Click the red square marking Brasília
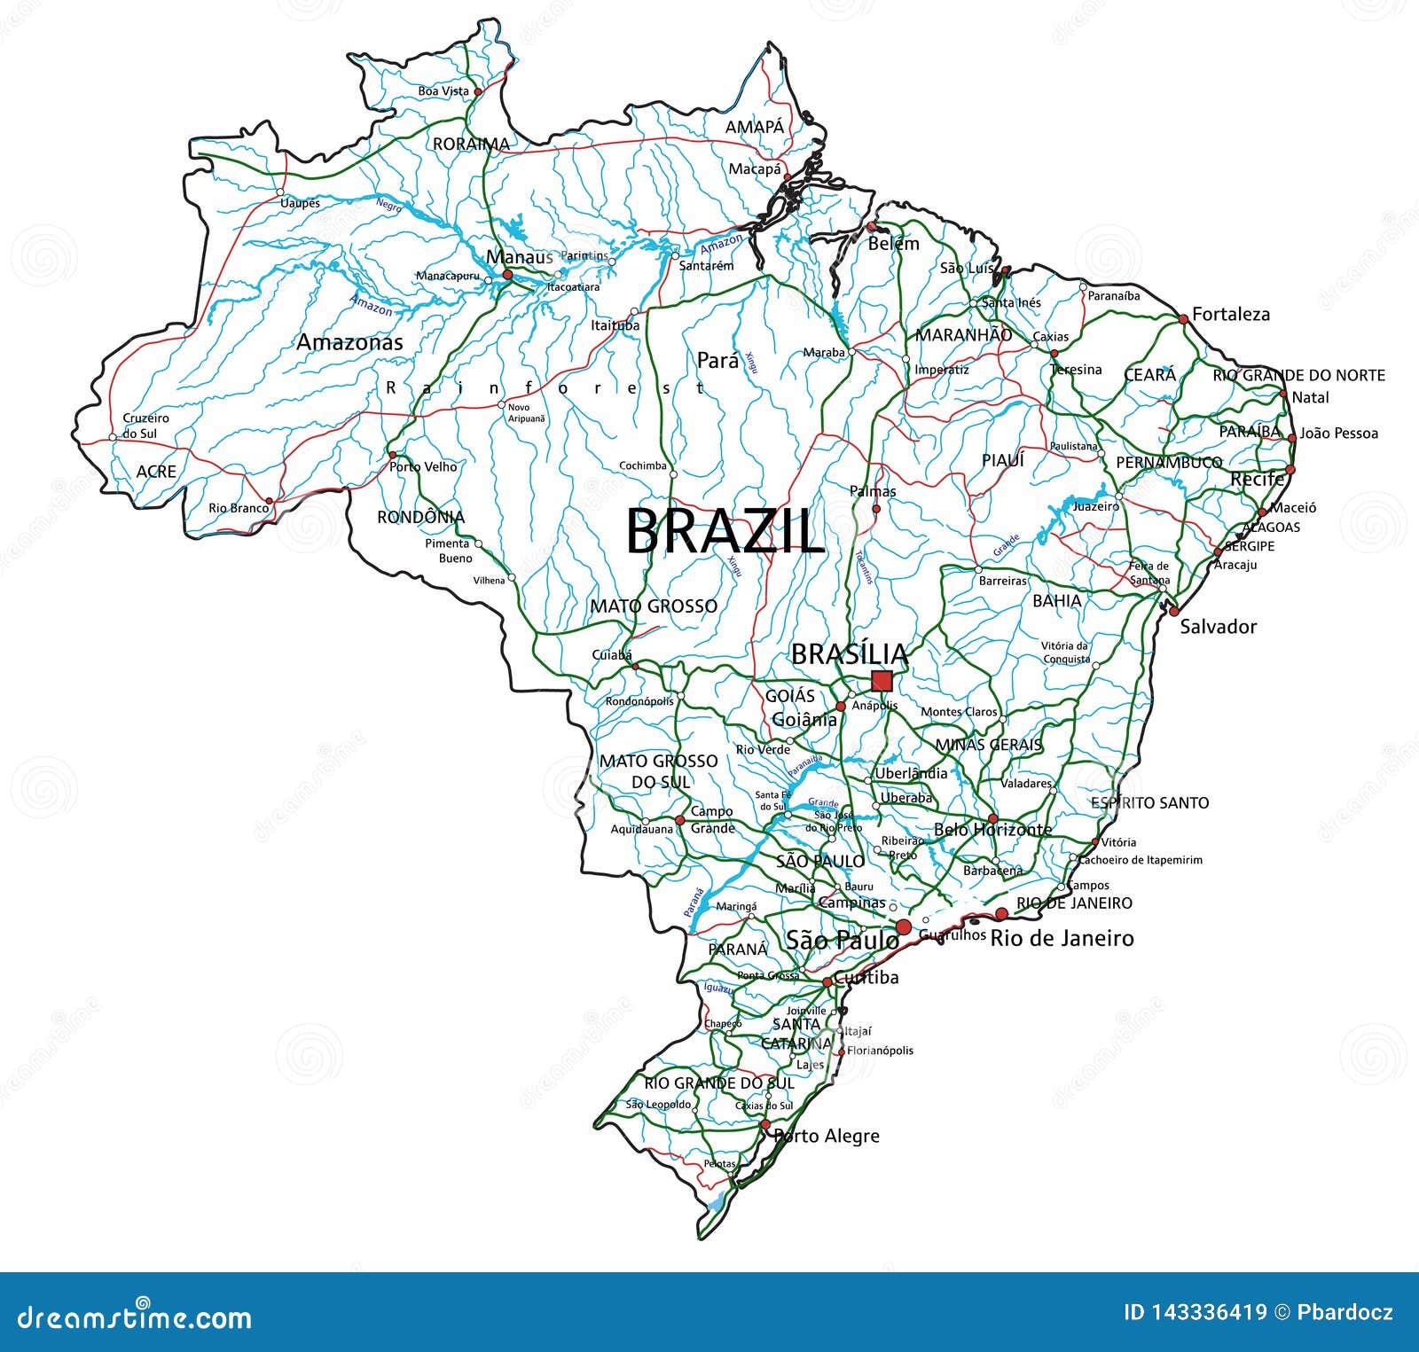click(x=882, y=681)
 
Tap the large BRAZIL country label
click(x=725, y=531)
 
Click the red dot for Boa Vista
click(x=477, y=91)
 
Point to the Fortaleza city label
click(x=1230, y=314)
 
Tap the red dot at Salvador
click(x=1173, y=611)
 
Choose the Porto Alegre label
click(x=827, y=1136)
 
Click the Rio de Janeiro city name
click(x=1062, y=938)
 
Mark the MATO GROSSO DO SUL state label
click(x=658, y=771)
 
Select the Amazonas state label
click(x=349, y=342)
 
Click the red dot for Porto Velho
click(x=393, y=455)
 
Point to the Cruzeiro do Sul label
click(x=145, y=426)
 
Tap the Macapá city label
click(x=755, y=168)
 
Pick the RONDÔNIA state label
click(x=420, y=517)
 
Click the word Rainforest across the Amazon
click(x=545, y=387)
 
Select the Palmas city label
click(x=873, y=491)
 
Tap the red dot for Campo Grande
click(x=680, y=820)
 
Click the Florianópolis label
click(x=880, y=1051)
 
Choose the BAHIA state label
click(x=1056, y=600)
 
